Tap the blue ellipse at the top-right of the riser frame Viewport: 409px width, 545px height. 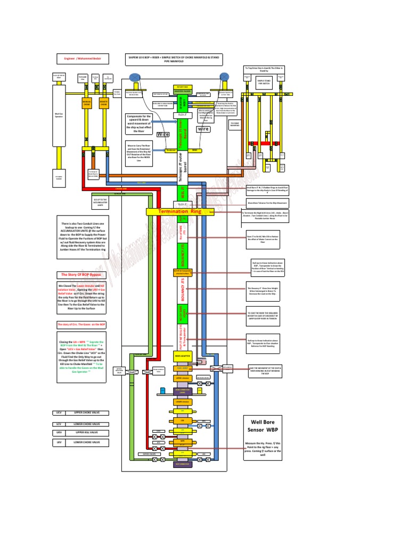pos(224,78)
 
